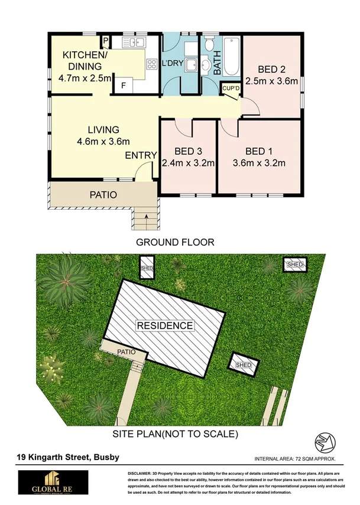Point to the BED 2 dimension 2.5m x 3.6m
tap(271, 82)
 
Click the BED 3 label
tap(188, 151)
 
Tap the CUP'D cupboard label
tap(229, 88)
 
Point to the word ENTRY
tap(141, 155)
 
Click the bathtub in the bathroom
tap(231, 57)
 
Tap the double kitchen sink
tap(135, 42)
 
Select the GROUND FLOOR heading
tap(175, 242)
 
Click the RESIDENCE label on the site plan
tap(165, 325)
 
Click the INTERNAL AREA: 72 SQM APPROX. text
tap(295, 458)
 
